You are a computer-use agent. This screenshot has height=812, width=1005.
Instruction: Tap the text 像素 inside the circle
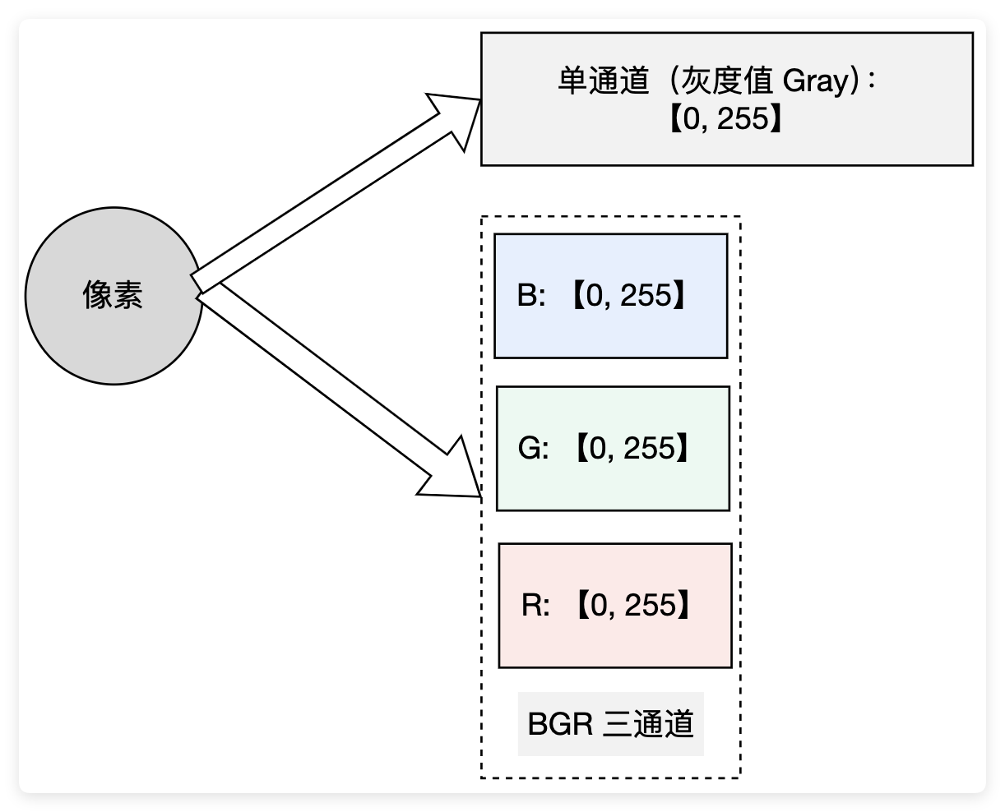coord(113,295)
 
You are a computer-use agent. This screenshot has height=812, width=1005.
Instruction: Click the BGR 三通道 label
coord(610,724)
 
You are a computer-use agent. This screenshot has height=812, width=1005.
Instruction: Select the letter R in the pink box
coord(530,606)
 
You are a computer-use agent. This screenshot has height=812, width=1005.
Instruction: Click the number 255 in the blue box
coord(646,296)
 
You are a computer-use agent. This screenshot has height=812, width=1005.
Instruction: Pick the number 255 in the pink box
coord(650,606)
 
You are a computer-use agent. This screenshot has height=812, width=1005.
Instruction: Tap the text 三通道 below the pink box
coord(649,724)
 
